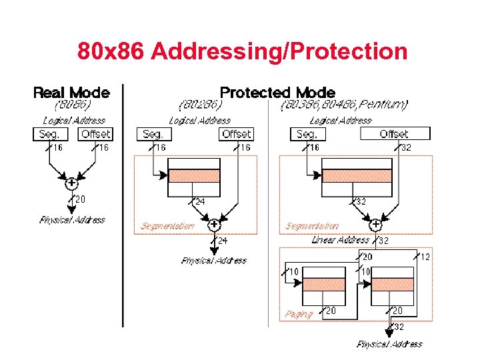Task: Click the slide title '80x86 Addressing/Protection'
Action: click(242, 51)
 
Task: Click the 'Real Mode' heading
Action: click(71, 92)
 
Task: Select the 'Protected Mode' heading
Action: click(277, 92)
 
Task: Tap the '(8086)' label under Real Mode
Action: click(71, 105)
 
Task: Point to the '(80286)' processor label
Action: click(200, 105)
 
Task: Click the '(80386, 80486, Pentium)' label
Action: click(344, 105)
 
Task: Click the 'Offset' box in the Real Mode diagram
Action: click(95, 134)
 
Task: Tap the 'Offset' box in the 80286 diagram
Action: click(236, 134)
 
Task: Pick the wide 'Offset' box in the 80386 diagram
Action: click(394, 134)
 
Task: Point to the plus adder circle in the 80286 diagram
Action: click(214, 225)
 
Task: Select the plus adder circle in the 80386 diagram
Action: click(375, 225)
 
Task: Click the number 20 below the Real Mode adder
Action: click(80, 199)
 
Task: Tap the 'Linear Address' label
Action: click(340, 240)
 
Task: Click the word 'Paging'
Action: click(298, 314)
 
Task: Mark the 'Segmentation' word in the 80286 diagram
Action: click(167, 226)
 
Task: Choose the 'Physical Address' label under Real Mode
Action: click(72, 220)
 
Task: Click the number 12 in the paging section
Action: click(425, 257)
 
